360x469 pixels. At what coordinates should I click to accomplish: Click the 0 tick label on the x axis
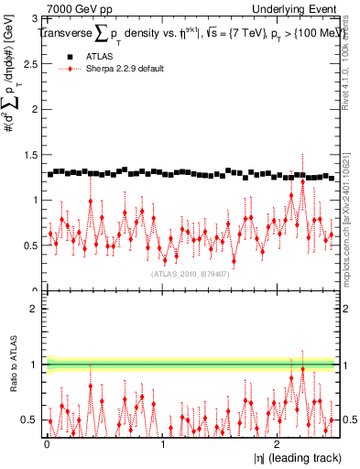(x=48, y=444)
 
